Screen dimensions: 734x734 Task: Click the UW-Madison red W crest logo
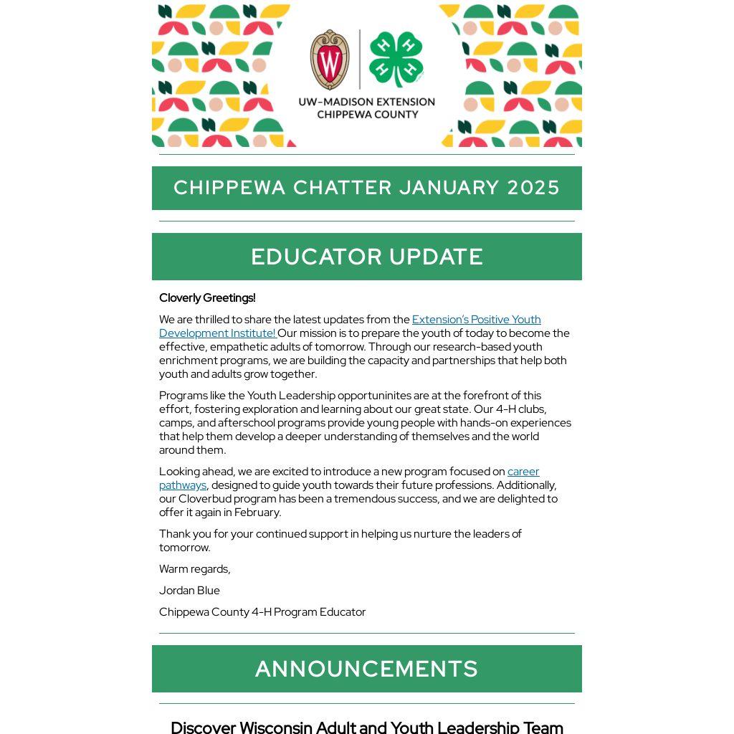[x=330, y=60]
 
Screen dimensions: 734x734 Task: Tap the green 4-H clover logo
[x=396, y=60]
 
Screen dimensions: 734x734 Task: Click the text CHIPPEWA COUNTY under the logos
[x=367, y=115]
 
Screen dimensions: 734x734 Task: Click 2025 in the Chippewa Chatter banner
[x=533, y=188]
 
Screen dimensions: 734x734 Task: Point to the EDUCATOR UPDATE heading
[x=367, y=257]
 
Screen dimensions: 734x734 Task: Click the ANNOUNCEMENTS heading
[x=367, y=669]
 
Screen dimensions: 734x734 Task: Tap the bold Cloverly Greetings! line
[x=207, y=297]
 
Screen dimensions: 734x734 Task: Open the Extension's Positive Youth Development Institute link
[x=476, y=320]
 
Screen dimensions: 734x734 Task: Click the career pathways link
[x=523, y=472]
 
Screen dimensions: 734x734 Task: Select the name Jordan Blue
[x=189, y=591]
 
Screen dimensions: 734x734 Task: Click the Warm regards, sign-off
[x=195, y=569]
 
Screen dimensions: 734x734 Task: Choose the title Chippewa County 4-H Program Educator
[x=262, y=612]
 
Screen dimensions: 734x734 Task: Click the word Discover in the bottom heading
[x=203, y=727]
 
